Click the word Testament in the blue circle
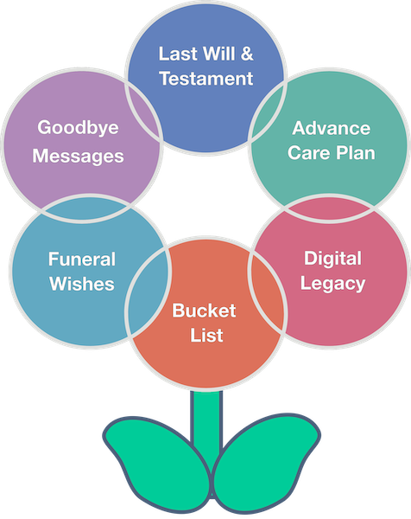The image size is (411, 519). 206,79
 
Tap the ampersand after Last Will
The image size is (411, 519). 247,54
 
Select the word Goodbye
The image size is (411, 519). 78,128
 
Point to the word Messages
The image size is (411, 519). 78,157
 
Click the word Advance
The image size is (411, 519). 331,128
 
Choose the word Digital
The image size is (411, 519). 332,259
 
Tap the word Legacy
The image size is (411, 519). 332,285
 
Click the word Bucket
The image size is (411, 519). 204,311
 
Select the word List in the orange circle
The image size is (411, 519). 206,335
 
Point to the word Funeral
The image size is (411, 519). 82,259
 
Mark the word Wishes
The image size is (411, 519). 82,284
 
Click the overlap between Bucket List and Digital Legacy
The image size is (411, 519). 266,292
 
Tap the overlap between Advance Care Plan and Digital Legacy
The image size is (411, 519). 329,208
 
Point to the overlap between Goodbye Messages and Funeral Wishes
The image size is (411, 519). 85,208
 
